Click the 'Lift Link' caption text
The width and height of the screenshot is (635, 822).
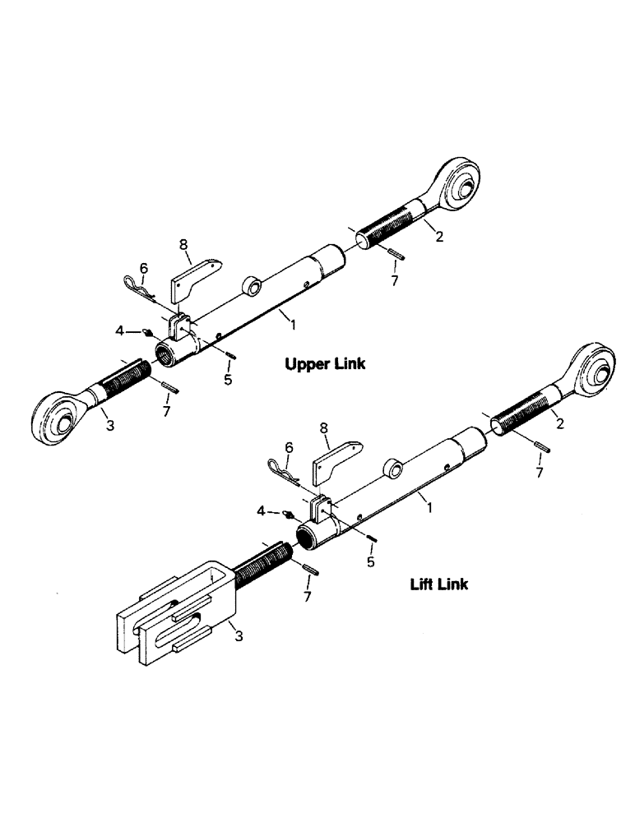pos(439,584)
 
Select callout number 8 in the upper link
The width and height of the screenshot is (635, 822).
pos(183,244)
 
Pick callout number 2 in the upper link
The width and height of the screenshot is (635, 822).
pos(439,238)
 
